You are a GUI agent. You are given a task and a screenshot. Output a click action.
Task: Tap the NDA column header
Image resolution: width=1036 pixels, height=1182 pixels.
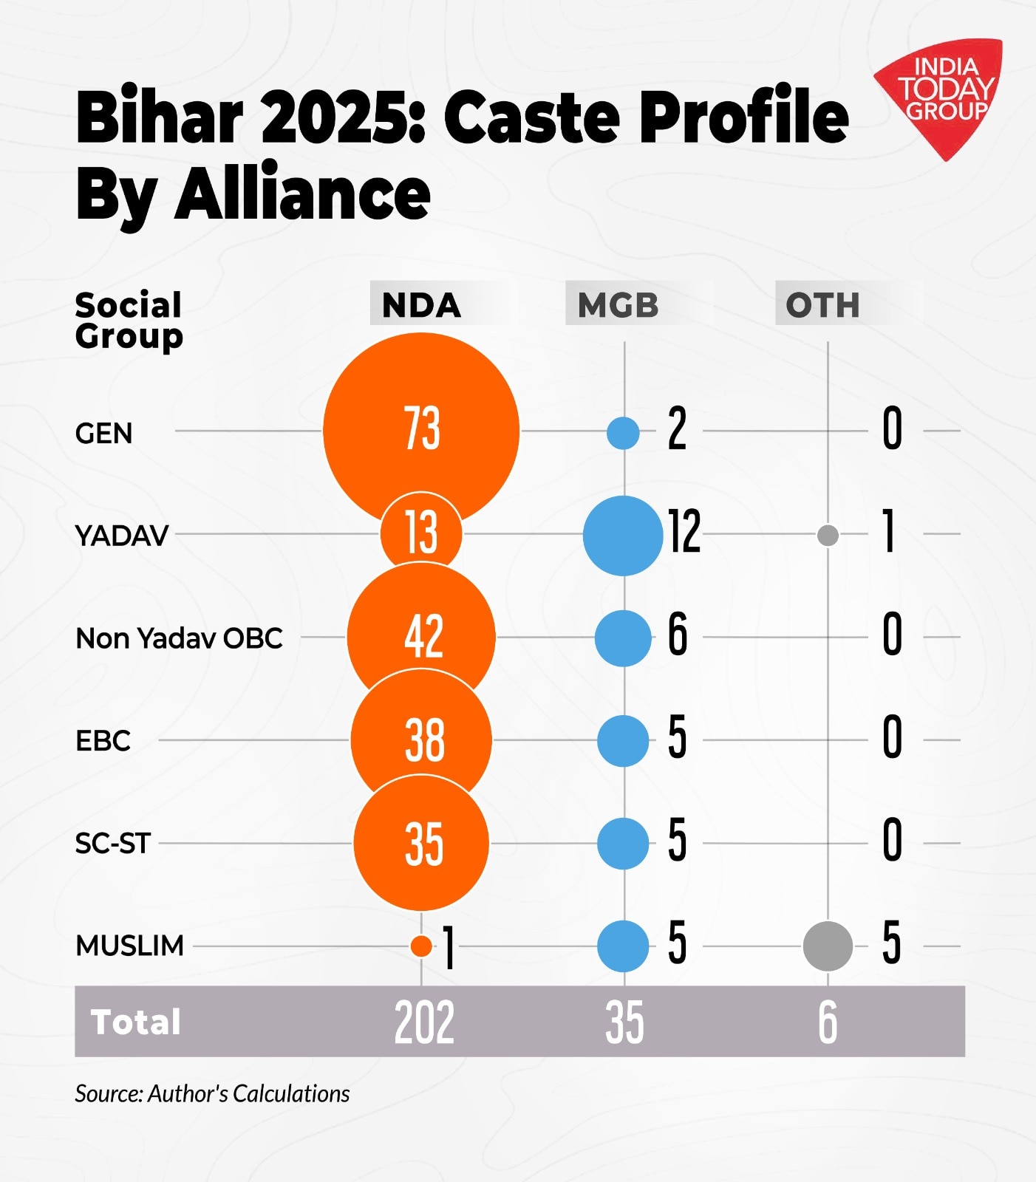[x=421, y=305]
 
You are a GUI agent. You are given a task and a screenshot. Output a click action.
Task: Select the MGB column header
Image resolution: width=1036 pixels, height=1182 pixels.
[x=618, y=305]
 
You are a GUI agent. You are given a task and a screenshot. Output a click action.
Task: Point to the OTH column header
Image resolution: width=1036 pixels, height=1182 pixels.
[x=822, y=305]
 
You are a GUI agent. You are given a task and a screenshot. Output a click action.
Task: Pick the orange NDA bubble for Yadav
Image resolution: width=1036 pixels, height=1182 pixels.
[x=421, y=532]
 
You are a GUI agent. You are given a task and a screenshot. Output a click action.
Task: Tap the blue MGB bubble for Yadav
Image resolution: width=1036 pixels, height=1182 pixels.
[x=623, y=536]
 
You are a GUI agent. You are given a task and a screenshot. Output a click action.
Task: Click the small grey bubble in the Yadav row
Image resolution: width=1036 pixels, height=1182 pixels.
[x=828, y=534]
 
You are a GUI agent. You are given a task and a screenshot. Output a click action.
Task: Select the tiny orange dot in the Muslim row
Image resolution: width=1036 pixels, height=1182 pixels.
[x=421, y=946]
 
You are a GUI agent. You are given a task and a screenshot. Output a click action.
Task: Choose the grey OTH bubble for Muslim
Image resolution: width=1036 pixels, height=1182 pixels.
[x=828, y=946]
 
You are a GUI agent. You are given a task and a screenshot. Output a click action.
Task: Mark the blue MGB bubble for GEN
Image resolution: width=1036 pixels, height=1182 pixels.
[x=623, y=432]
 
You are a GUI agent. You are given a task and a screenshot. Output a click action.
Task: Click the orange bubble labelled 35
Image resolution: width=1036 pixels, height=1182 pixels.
[x=421, y=843]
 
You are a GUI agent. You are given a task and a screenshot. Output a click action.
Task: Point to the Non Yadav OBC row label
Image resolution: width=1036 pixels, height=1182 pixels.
[x=180, y=638]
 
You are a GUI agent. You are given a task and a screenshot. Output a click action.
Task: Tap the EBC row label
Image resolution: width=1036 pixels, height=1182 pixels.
[x=103, y=740]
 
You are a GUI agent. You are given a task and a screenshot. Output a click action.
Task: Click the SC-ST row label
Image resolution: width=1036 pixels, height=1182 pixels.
[x=113, y=843]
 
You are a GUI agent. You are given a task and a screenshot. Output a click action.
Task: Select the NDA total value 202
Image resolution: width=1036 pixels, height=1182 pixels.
[x=424, y=1022]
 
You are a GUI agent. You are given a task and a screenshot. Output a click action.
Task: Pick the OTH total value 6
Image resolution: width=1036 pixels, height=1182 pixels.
[x=828, y=1022]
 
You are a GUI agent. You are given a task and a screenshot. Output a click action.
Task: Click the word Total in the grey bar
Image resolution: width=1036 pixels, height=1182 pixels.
[x=136, y=1022]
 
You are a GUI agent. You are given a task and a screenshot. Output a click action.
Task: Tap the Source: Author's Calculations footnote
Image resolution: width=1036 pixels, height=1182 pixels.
[x=212, y=1093]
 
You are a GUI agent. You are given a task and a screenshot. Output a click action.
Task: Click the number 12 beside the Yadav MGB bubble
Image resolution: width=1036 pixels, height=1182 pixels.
[x=685, y=532]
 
